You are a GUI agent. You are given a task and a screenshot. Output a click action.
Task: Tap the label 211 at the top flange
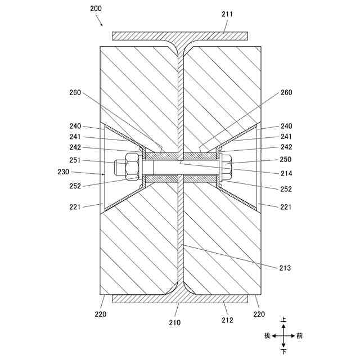tap(226, 14)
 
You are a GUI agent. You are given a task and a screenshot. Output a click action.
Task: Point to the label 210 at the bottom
tap(176, 322)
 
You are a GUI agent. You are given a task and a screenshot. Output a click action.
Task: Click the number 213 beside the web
tap(285, 268)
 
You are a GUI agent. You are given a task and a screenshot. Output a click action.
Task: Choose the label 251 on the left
tap(75, 160)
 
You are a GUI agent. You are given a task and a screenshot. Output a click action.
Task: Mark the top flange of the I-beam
tap(180, 36)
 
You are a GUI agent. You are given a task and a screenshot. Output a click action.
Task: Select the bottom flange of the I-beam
tap(180, 298)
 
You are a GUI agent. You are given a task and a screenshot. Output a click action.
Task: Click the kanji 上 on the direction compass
tap(283, 319)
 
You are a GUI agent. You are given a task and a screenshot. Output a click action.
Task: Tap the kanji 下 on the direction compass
tap(283, 352)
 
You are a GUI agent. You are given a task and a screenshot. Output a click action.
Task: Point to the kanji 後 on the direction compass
tap(267, 336)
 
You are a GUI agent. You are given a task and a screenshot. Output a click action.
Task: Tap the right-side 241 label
tap(285, 137)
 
